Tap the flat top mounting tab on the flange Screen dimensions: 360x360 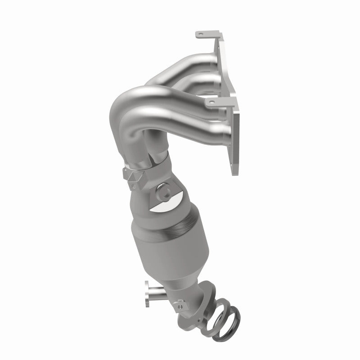tap(206, 34)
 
